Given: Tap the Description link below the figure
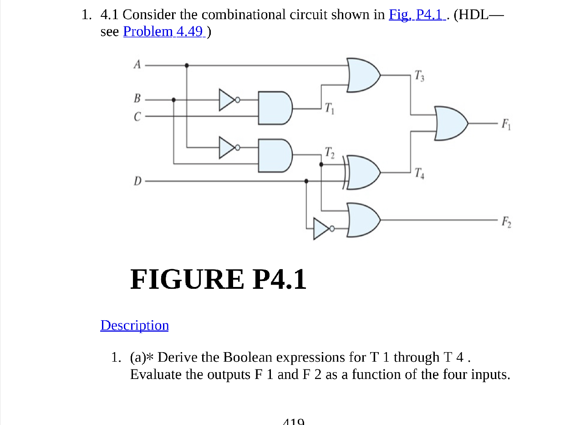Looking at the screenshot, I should (134, 325).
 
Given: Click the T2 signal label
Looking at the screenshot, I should (330, 152).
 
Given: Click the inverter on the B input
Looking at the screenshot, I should (227, 99).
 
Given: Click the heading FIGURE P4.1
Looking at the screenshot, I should (218, 279).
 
